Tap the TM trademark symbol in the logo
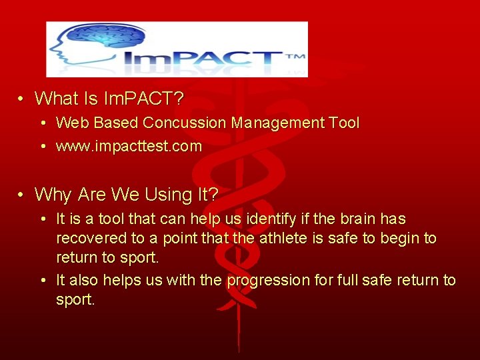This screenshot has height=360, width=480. click(295, 57)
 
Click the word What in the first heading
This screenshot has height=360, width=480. click(57, 99)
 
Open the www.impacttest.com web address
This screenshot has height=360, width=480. click(129, 147)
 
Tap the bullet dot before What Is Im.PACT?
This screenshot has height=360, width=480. click(21, 99)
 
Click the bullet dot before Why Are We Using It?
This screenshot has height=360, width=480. click(21, 195)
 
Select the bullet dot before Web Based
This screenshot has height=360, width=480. click(43, 123)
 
